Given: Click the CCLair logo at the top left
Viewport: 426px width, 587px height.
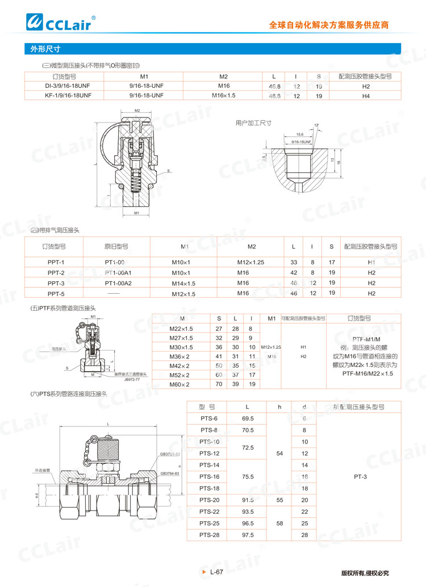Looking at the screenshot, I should tap(62, 22).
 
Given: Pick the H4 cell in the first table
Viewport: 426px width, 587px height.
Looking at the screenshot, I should tap(366, 96).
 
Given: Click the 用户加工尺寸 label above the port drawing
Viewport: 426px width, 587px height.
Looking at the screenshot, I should tap(253, 123).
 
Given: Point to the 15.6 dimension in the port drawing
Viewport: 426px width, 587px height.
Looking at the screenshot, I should tap(299, 134).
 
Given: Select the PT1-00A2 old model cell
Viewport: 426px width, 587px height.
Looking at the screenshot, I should tap(118, 283).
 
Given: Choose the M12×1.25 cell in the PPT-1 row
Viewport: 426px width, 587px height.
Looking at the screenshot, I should tap(251, 263).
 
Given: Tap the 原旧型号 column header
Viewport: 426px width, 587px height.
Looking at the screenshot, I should tap(116, 247).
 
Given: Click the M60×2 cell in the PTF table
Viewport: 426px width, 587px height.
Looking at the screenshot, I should tap(182, 384).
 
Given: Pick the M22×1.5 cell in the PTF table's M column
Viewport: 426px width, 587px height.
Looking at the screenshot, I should tap(182, 329).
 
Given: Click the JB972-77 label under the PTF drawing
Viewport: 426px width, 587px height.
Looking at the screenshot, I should tap(132, 380).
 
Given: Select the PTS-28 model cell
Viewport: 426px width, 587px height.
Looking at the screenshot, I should tap(209, 535).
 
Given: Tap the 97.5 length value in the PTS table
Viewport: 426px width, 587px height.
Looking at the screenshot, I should tap(248, 535).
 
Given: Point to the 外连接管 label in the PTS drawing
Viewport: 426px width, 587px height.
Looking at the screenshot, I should tap(41, 470).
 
